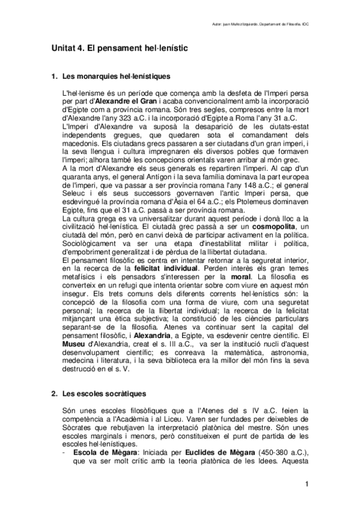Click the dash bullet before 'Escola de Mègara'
pos(65,451)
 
